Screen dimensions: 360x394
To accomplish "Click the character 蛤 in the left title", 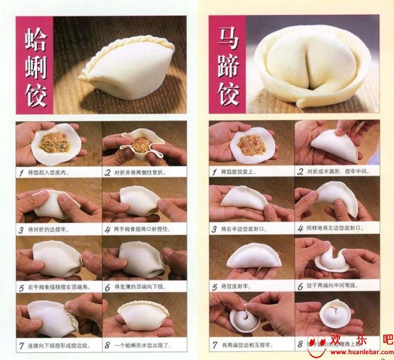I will pyautogui.click(x=35, y=38).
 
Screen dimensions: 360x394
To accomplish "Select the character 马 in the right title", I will pyautogui.click(x=228, y=38).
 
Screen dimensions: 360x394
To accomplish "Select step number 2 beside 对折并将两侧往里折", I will pyautogui.click(x=108, y=173).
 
